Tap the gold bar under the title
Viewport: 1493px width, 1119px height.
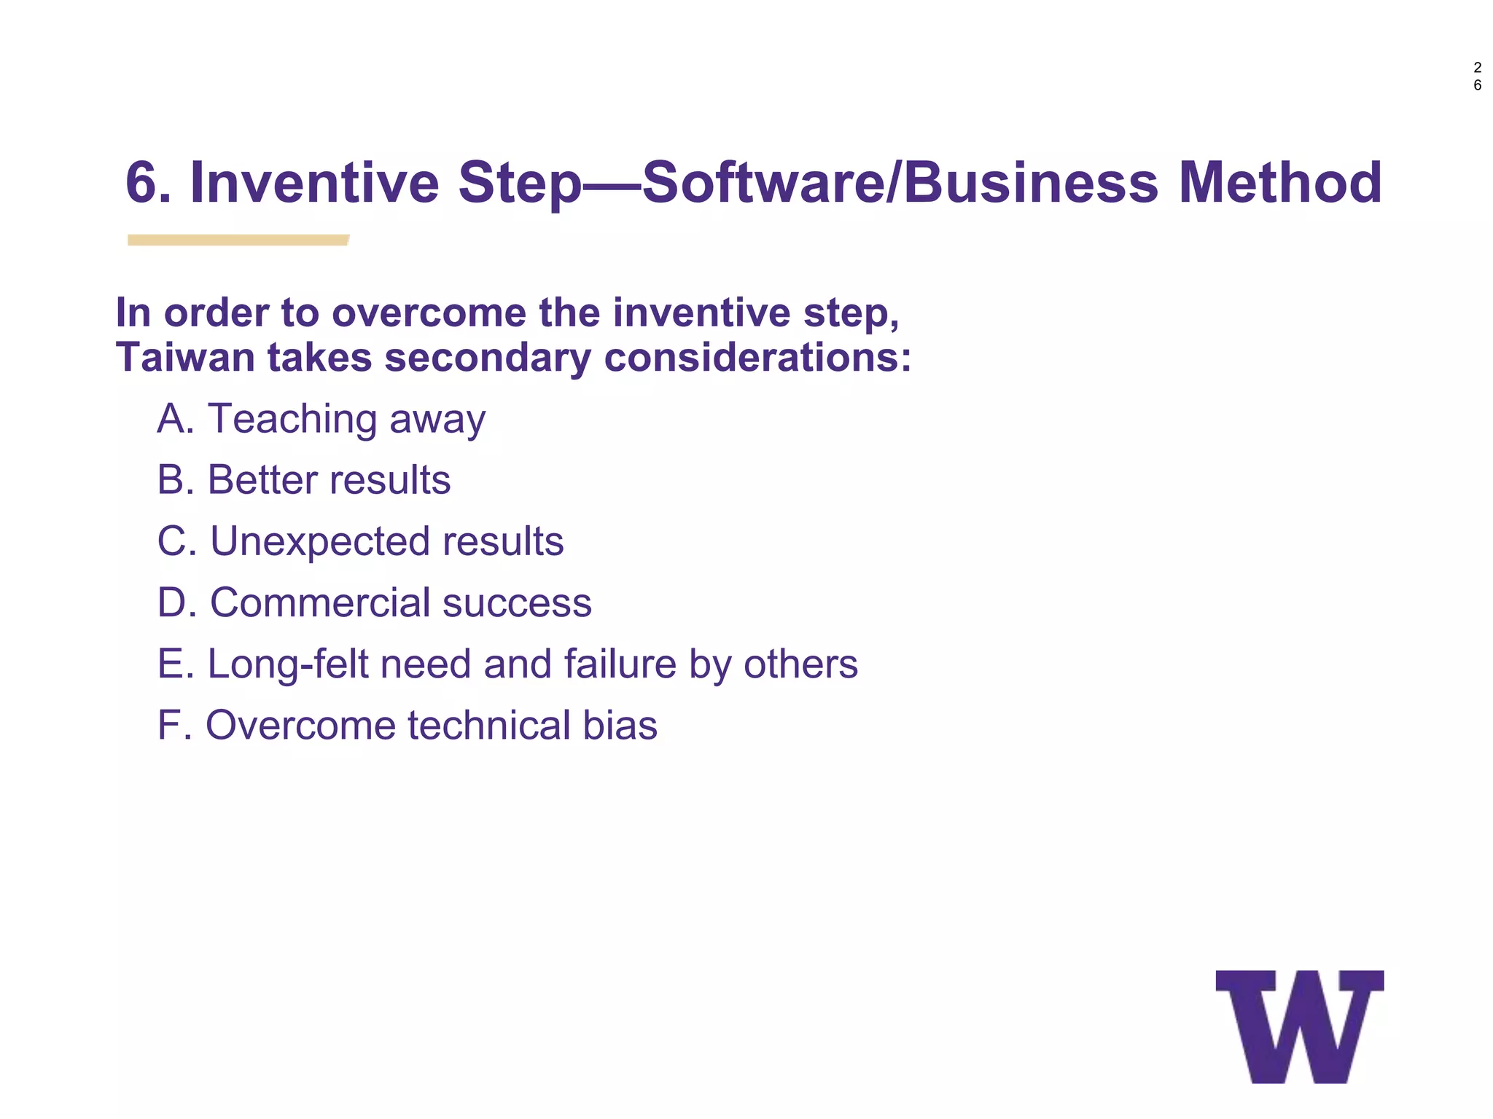[238, 240]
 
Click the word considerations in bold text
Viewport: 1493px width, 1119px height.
[757, 358]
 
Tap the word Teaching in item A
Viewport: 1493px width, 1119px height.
[292, 420]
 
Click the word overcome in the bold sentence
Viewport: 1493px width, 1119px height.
[429, 313]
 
